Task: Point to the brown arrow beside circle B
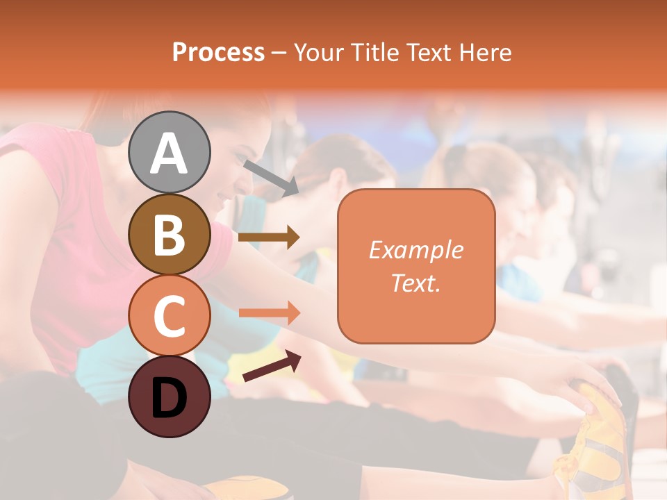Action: coord(269,237)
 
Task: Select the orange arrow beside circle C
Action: coord(269,312)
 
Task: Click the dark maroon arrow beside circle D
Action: coord(272,367)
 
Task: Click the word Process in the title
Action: coord(218,53)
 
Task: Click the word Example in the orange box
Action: coord(416,250)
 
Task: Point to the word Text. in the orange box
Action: coord(416,283)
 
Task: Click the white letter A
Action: coord(169,153)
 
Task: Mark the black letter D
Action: coord(169,398)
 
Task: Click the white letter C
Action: coord(169,317)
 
